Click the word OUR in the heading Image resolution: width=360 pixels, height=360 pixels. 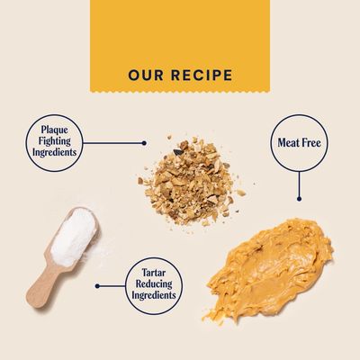point(146,75)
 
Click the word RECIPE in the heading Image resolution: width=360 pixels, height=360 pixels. point(202,75)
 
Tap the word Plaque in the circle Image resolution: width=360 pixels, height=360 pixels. point(55,130)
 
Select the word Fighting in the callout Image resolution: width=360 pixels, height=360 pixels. point(55,141)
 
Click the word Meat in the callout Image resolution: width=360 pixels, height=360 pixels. point(288,142)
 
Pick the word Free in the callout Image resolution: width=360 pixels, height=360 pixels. point(311,142)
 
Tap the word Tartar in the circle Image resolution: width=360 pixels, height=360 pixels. point(154,273)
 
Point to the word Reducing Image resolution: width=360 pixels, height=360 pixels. point(154,283)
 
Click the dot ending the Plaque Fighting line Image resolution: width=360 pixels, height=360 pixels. point(144,143)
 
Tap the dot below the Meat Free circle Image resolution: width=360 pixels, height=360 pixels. point(299,199)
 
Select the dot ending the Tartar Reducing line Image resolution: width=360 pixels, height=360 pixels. point(97,286)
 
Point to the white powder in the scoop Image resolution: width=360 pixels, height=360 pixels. point(73,237)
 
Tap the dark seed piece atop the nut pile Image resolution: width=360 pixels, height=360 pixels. point(177,152)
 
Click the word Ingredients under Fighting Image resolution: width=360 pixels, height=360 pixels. point(55,152)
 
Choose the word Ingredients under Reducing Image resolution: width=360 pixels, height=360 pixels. point(154,295)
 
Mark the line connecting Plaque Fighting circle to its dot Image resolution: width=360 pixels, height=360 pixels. point(112,143)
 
